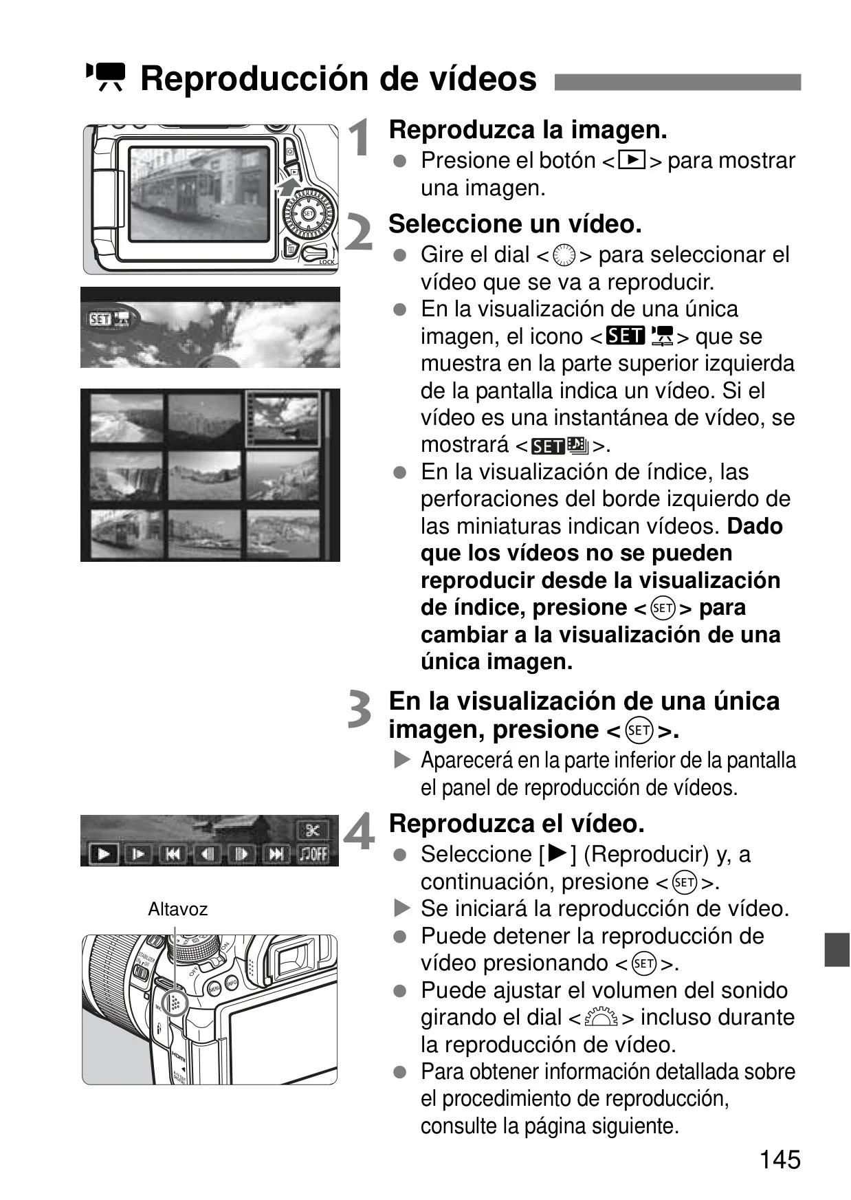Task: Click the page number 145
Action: coord(780,1159)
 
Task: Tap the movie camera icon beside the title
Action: coord(105,77)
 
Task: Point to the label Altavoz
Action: coord(177,909)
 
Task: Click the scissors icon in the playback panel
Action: coord(313,830)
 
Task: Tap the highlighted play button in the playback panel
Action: coord(103,854)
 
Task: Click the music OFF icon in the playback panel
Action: coord(313,854)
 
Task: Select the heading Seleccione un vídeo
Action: coord(515,224)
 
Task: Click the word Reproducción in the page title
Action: coord(255,78)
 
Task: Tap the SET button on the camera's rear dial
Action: coord(309,214)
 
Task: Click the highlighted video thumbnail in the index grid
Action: coord(283,418)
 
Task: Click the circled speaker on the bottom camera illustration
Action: coord(175,1002)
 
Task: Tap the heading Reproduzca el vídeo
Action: coord(517,823)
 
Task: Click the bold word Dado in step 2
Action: coord(755,527)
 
